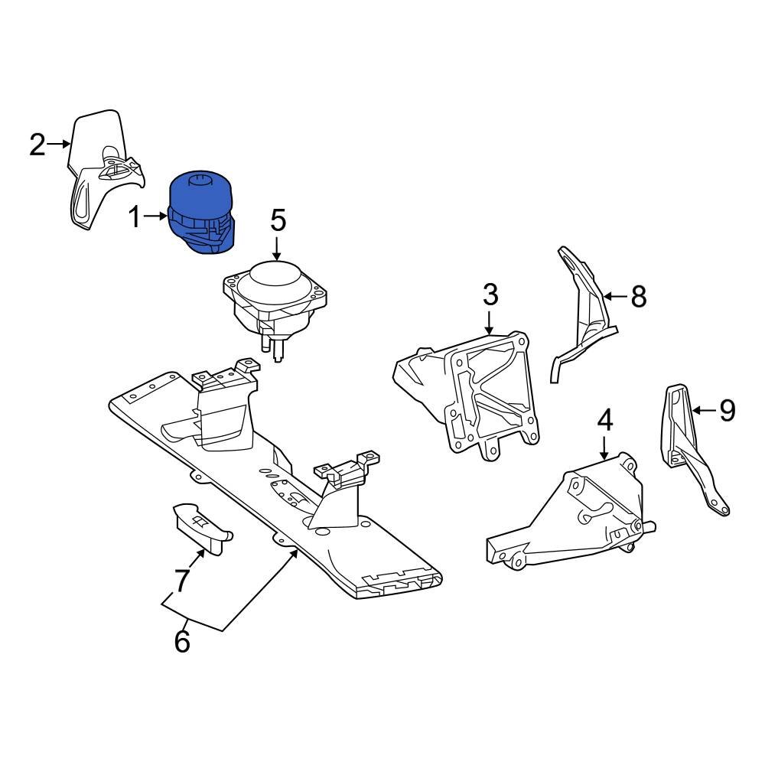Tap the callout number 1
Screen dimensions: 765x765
pos(135,219)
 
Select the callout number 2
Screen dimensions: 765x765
pos(37,144)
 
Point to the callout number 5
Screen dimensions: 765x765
pos(278,221)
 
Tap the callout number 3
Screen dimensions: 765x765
pos(490,294)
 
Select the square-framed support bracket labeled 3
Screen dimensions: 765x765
pos(474,390)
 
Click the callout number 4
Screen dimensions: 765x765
pos(604,420)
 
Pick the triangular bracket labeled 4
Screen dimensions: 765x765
pos(581,513)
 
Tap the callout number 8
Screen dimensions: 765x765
pos(639,296)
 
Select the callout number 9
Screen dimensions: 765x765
pos(727,412)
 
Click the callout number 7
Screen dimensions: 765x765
pos(181,581)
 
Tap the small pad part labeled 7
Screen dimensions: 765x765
pos(200,527)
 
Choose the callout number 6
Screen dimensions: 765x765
pos(182,642)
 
